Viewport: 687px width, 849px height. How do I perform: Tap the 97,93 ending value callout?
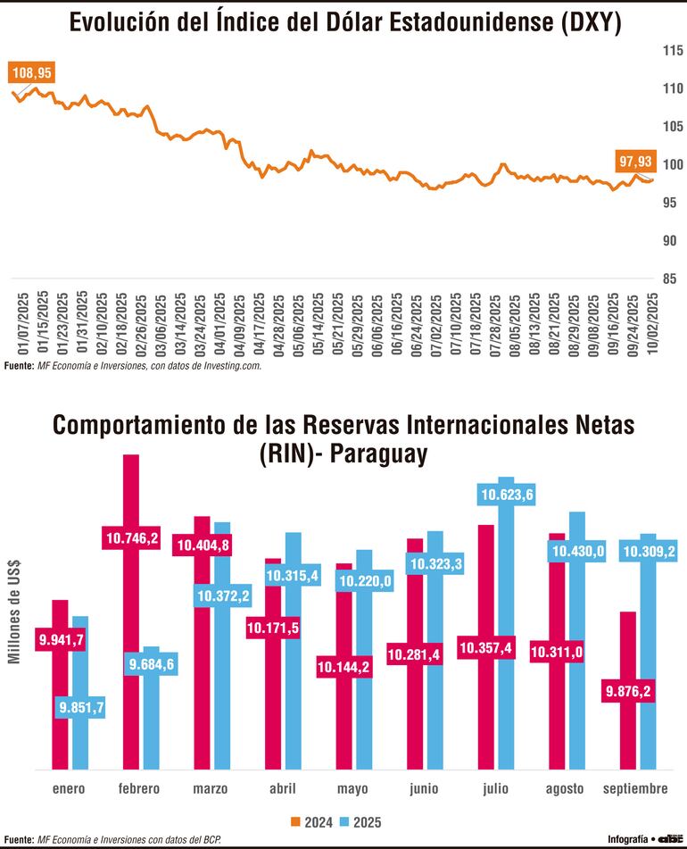pyautogui.click(x=636, y=161)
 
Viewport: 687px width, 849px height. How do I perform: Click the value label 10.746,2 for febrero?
pyautogui.click(x=132, y=538)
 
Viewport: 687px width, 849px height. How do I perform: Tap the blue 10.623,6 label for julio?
pyautogui.click(x=506, y=494)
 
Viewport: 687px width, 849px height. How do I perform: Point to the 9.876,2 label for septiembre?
pyautogui.click(x=628, y=690)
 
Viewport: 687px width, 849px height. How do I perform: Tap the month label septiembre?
pyautogui.click(x=636, y=789)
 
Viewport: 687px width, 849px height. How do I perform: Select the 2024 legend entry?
pyautogui.click(x=312, y=820)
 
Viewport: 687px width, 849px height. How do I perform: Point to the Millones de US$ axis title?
pyautogui.click(x=15, y=616)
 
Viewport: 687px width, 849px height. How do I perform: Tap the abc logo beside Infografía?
pyautogui.click(x=668, y=839)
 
